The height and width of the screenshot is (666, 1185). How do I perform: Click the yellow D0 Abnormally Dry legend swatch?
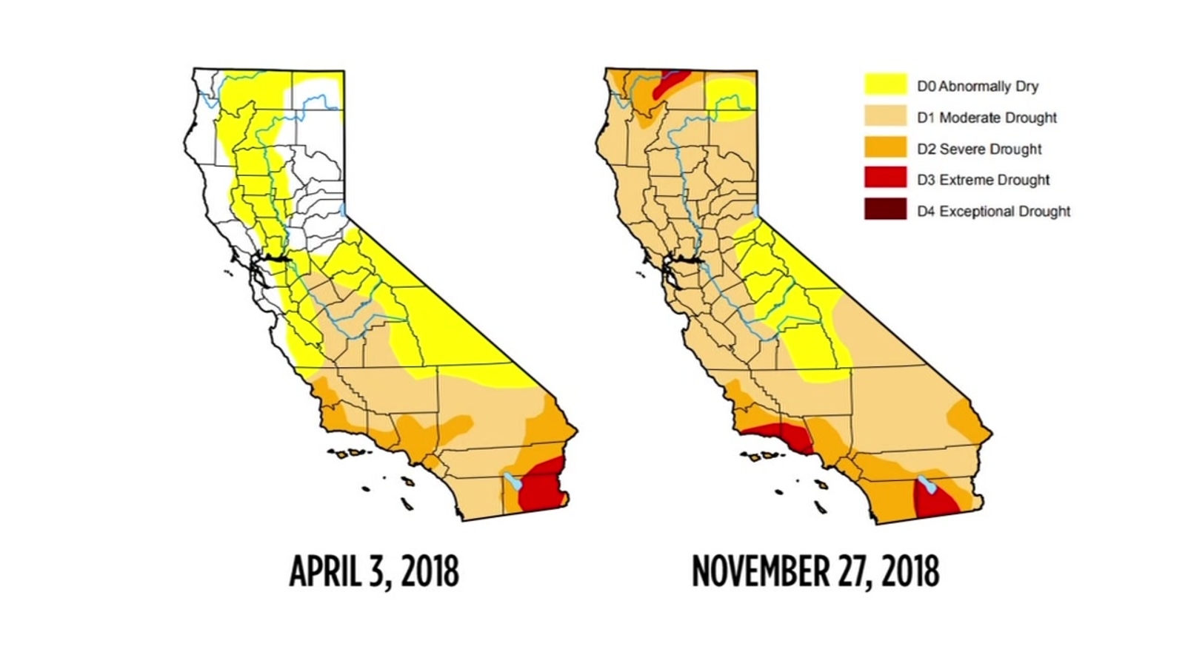pyautogui.click(x=885, y=84)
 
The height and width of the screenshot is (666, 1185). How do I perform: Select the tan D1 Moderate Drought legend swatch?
pyautogui.click(x=885, y=115)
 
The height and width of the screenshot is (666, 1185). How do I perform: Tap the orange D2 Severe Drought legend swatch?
pyautogui.click(x=885, y=147)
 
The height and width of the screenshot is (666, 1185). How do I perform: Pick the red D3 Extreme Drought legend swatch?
pyautogui.click(x=885, y=178)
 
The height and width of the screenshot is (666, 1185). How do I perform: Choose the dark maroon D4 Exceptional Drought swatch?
pyautogui.click(x=885, y=209)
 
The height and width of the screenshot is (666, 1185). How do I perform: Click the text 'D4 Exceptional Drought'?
pyautogui.click(x=993, y=212)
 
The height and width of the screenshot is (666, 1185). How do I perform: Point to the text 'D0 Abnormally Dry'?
pyautogui.click(x=978, y=87)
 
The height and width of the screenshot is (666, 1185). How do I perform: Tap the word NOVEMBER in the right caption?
pyautogui.click(x=770, y=572)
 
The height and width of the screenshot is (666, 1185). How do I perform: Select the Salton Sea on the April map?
pyautogui.click(x=512, y=483)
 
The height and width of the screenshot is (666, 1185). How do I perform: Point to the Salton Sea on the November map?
pyautogui.click(x=926, y=486)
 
